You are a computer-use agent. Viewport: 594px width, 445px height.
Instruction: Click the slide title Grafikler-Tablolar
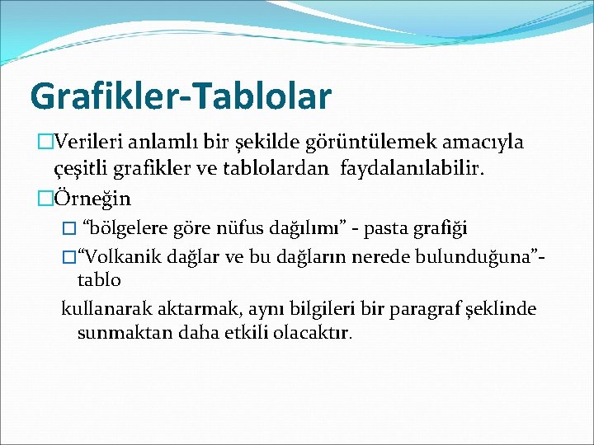coord(180,95)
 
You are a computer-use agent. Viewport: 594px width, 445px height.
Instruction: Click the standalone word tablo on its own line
coord(99,280)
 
